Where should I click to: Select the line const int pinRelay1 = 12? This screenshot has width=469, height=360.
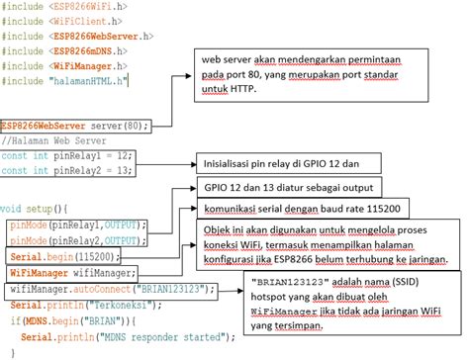tap(67, 154)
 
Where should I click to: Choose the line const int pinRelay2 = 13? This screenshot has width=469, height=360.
tap(67, 169)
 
